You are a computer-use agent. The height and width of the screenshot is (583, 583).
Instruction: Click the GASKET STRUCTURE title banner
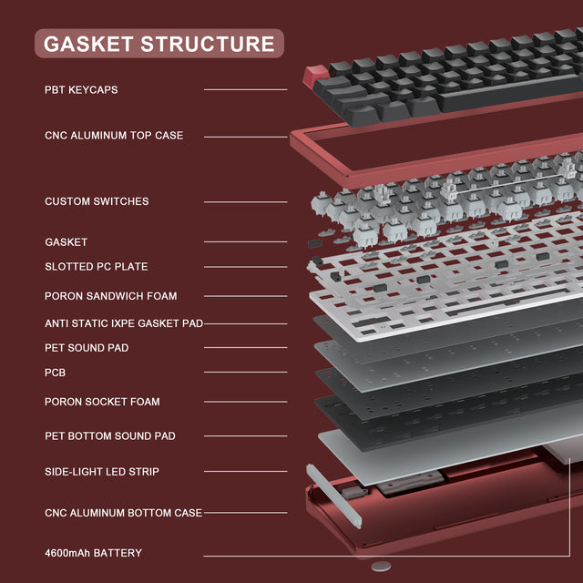coord(159,44)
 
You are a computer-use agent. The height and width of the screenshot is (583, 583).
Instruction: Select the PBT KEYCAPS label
coord(81,90)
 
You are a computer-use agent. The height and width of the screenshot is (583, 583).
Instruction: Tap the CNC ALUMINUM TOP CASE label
coord(114,136)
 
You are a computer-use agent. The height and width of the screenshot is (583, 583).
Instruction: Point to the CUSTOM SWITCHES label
coord(97,201)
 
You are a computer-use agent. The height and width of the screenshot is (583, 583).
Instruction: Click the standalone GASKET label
coord(66,242)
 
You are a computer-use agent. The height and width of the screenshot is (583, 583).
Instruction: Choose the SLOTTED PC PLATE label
coord(96,267)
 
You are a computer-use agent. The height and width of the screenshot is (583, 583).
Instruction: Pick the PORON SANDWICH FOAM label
coord(110,296)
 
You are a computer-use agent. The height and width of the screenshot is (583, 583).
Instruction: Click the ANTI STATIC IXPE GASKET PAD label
coord(123,323)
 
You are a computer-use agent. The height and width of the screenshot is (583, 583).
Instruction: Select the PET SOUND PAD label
coord(87,348)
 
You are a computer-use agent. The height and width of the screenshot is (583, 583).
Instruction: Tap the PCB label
coord(55,373)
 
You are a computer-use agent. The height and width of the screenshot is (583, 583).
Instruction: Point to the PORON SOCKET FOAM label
coord(102,402)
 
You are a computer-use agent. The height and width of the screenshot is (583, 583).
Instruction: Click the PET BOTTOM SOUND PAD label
coord(109,436)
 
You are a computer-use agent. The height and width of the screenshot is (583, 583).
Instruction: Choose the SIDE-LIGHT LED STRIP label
coord(102,472)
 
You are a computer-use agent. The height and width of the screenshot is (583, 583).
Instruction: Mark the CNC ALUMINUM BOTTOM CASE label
coord(123,513)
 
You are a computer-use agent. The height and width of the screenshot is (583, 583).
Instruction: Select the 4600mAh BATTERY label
coord(93,553)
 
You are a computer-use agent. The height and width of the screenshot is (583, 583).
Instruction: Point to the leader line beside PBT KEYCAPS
coord(245,90)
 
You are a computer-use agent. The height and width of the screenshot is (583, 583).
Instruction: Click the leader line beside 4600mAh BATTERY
coord(245,553)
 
